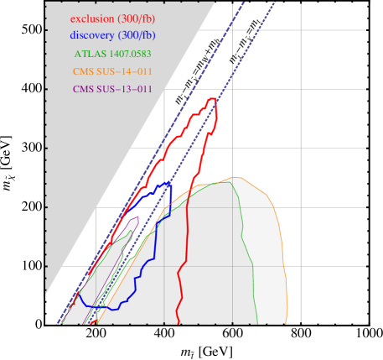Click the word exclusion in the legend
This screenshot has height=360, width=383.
(x=95, y=18)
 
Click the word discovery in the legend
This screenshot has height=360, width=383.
(x=95, y=35)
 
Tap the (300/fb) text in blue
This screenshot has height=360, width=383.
(x=139, y=35)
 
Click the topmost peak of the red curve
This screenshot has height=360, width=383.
(x=215, y=98)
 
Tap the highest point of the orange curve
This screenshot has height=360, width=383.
(x=237, y=177)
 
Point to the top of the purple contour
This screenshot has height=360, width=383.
(x=136, y=217)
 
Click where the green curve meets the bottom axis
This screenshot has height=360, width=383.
(x=257, y=322)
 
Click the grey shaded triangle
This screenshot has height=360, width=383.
(x=92, y=151)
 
